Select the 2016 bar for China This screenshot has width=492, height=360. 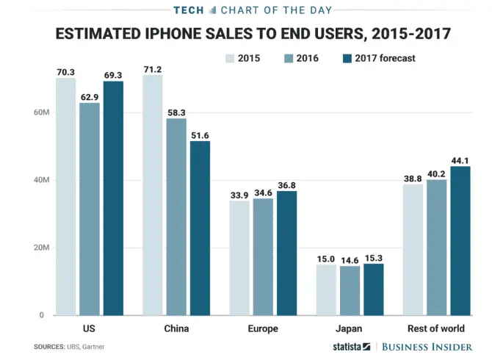pos(176,217)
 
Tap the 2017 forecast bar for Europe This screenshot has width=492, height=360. pos(286,253)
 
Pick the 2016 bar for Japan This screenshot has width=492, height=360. pos(350,291)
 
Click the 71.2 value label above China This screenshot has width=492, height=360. pos(153,69)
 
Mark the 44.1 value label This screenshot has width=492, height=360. pos(460,160)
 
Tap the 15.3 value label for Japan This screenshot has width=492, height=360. pos(374,258)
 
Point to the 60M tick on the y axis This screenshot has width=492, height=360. pos(40,112)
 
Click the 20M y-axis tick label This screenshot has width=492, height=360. pos(40,248)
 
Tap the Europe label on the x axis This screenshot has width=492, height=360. pos(263,328)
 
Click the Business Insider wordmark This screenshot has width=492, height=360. pos(430,346)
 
